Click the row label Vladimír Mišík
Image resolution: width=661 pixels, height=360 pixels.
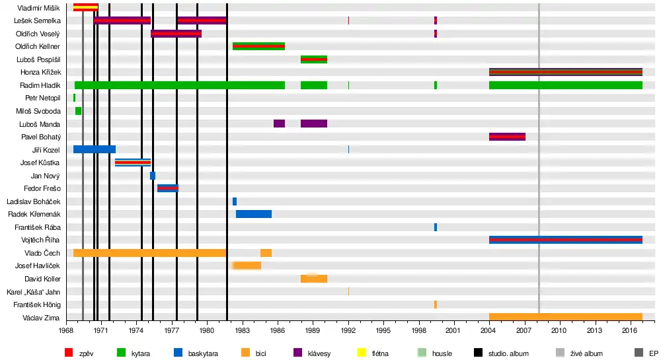point(38,8)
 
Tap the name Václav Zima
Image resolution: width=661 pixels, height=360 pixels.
point(42,318)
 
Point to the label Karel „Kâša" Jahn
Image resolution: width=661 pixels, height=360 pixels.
point(34,292)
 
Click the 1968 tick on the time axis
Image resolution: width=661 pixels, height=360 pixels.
point(65,330)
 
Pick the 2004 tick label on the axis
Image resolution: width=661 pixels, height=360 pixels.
point(489,330)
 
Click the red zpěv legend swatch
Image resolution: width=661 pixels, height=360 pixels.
point(69,353)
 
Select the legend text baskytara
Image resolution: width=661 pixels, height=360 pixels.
point(201,353)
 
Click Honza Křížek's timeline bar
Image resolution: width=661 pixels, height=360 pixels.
point(565,72)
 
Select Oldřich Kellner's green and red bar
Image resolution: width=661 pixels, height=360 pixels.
point(258,46)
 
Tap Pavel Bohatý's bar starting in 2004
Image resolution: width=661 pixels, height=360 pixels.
point(507,137)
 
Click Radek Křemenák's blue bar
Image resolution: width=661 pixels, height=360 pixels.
point(254,214)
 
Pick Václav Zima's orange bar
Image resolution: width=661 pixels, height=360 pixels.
point(565,317)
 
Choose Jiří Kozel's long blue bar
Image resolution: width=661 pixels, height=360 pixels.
point(95,149)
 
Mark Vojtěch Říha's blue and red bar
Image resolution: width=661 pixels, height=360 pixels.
point(565,240)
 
